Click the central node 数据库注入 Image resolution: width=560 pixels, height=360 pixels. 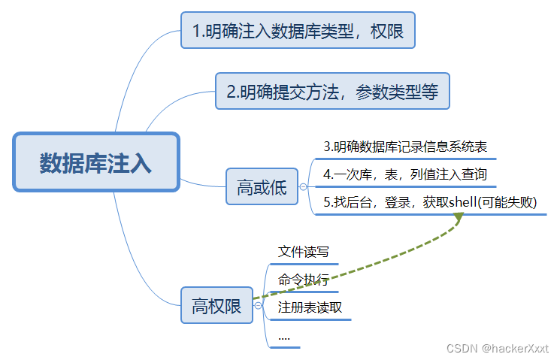(x=96, y=162)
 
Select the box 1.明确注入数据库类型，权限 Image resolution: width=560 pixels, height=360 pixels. (x=298, y=31)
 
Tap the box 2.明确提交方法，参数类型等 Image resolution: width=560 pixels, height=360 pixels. (x=332, y=92)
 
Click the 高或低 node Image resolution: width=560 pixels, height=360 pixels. (x=262, y=186)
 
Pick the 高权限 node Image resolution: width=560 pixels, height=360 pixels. (x=216, y=305)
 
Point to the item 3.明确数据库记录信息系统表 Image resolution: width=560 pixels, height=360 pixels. (x=405, y=147)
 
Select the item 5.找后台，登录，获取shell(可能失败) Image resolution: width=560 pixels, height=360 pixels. (x=430, y=202)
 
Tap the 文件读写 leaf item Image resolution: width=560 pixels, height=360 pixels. (x=303, y=252)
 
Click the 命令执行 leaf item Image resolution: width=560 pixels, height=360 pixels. (x=303, y=280)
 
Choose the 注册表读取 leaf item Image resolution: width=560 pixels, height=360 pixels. (x=310, y=307)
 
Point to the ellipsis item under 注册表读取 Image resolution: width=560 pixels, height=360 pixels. (x=284, y=336)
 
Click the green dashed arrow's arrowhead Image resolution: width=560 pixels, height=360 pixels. (x=458, y=217)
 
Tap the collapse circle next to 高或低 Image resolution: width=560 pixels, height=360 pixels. (x=302, y=186)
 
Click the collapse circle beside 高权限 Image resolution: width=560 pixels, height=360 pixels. (x=257, y=305)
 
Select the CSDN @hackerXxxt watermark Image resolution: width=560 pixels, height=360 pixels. (x=497, y=348)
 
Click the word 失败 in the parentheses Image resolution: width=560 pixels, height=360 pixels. (x=528, y=202)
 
